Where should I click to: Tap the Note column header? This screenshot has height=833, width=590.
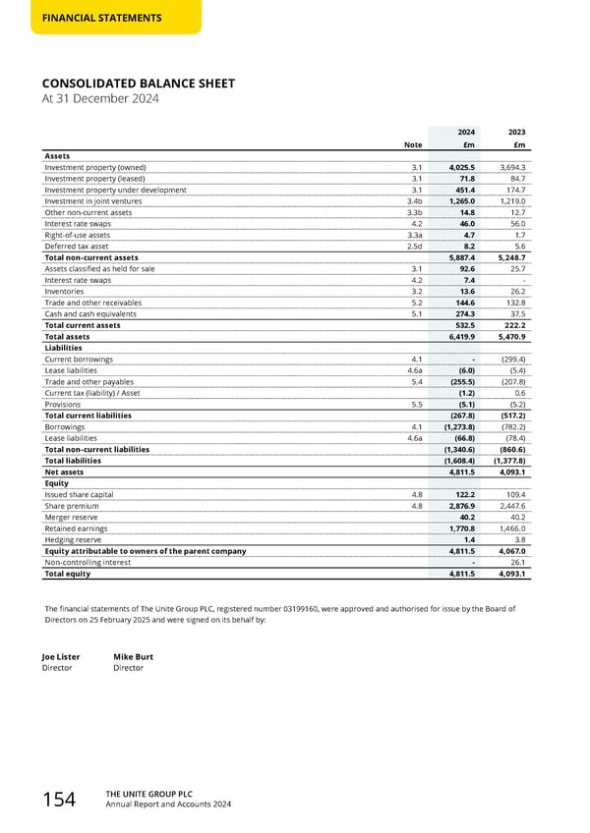(414, 145)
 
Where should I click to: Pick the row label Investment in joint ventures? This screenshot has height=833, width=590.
(93, 200)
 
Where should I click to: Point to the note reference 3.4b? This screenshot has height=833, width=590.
(414, 200)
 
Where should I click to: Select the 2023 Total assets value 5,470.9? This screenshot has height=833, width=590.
(511, 336)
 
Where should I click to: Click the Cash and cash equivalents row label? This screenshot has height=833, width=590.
(90, 314)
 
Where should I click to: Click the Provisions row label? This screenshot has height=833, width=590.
(63, 404)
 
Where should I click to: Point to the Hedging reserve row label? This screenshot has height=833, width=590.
(73, 539)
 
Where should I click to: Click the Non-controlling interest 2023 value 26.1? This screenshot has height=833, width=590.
(517, 562)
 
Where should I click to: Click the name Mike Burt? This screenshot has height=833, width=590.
(133, 656)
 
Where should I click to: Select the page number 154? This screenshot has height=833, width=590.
(59, 801)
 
